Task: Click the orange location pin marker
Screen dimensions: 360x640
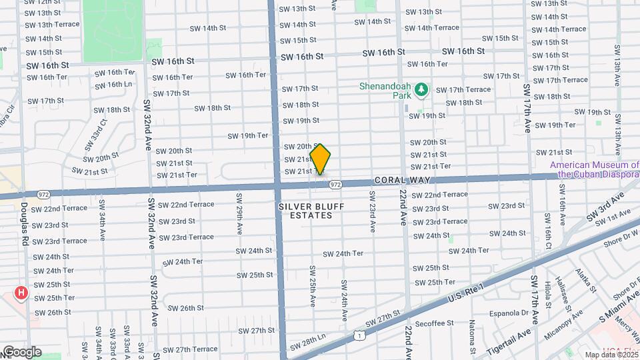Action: pyautogui.click(x=320, y=159)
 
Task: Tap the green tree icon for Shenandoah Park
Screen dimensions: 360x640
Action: pyautogui.click(x=421, y=89)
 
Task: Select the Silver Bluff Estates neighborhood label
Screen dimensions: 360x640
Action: pyautogui.click(x=305, y=211)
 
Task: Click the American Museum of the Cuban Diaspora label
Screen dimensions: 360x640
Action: pyautogui.click(x=595, y=169)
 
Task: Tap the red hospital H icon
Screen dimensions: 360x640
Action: pyautogui.click(x=22, y=293)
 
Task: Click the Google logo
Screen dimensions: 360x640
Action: pyautogui.click(x=21, y=351)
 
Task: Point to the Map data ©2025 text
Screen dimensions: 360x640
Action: pyautogui.click(x=611, y=355)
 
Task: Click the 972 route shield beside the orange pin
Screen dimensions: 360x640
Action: pyautogui.click(x=335, y=184)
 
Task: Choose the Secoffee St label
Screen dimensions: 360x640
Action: pyautogui.click(x=433, y=323)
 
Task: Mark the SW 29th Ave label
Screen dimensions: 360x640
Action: pyautogui.click(x=239, y=213)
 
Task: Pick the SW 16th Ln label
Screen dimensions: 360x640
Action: pyautogui.click(x=113, y=84)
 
